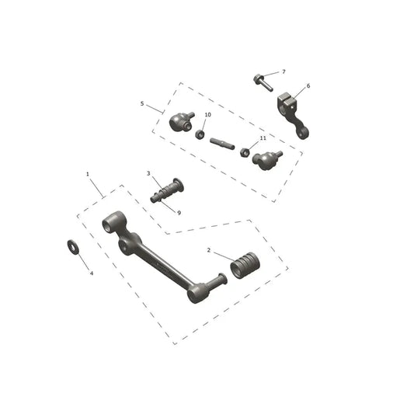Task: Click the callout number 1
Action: [x=88, y=174]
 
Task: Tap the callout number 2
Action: [x=209, y=250]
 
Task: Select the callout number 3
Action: [x=148, y=173]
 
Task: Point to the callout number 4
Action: [x=92, y=273]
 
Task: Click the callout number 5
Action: [x=142, y=104]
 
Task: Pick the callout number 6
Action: [x=308, y=86]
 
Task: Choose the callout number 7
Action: [x=284, y=71]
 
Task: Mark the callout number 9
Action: [x=179, y=213]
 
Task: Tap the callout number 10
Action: [x=208, y=115]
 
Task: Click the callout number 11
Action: [x=263, y=138]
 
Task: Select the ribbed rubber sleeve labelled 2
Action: [x=245, y=266]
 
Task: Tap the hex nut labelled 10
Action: [x=200, y=134]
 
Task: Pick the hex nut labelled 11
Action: [x=245, y=152]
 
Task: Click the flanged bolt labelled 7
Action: [x=263, y=83]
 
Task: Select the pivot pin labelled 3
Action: [x=168, y=190]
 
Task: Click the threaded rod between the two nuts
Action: [x=222, y=144]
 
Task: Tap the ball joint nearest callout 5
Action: [x=181, y=122]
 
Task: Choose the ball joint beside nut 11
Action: [x=266, y=160]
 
